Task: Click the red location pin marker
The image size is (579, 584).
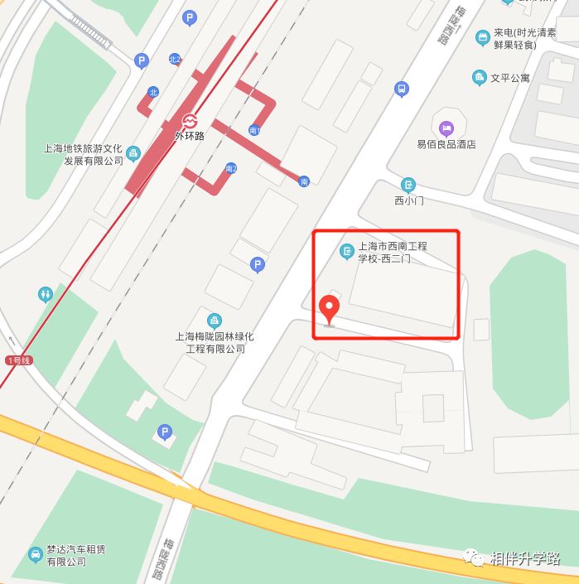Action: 331,309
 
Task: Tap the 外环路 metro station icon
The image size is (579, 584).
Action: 190,121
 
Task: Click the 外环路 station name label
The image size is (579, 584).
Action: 190,136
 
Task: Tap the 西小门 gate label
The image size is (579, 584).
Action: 408,200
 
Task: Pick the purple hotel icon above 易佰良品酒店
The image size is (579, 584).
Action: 446,128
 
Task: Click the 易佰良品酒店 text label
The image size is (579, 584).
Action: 446,144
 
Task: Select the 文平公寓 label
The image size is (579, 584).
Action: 510,78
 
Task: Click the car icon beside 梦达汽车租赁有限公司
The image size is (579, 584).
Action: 35,554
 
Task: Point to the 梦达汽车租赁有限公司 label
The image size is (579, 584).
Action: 76,556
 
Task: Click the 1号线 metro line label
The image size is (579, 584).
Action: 17,360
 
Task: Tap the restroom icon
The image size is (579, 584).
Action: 46,294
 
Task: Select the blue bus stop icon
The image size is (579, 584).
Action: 402,89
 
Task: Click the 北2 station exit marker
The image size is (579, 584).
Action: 174,60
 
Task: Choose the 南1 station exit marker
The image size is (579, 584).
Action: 254,130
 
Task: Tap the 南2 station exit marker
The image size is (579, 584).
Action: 231,169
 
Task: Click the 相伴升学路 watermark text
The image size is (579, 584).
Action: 525,558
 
